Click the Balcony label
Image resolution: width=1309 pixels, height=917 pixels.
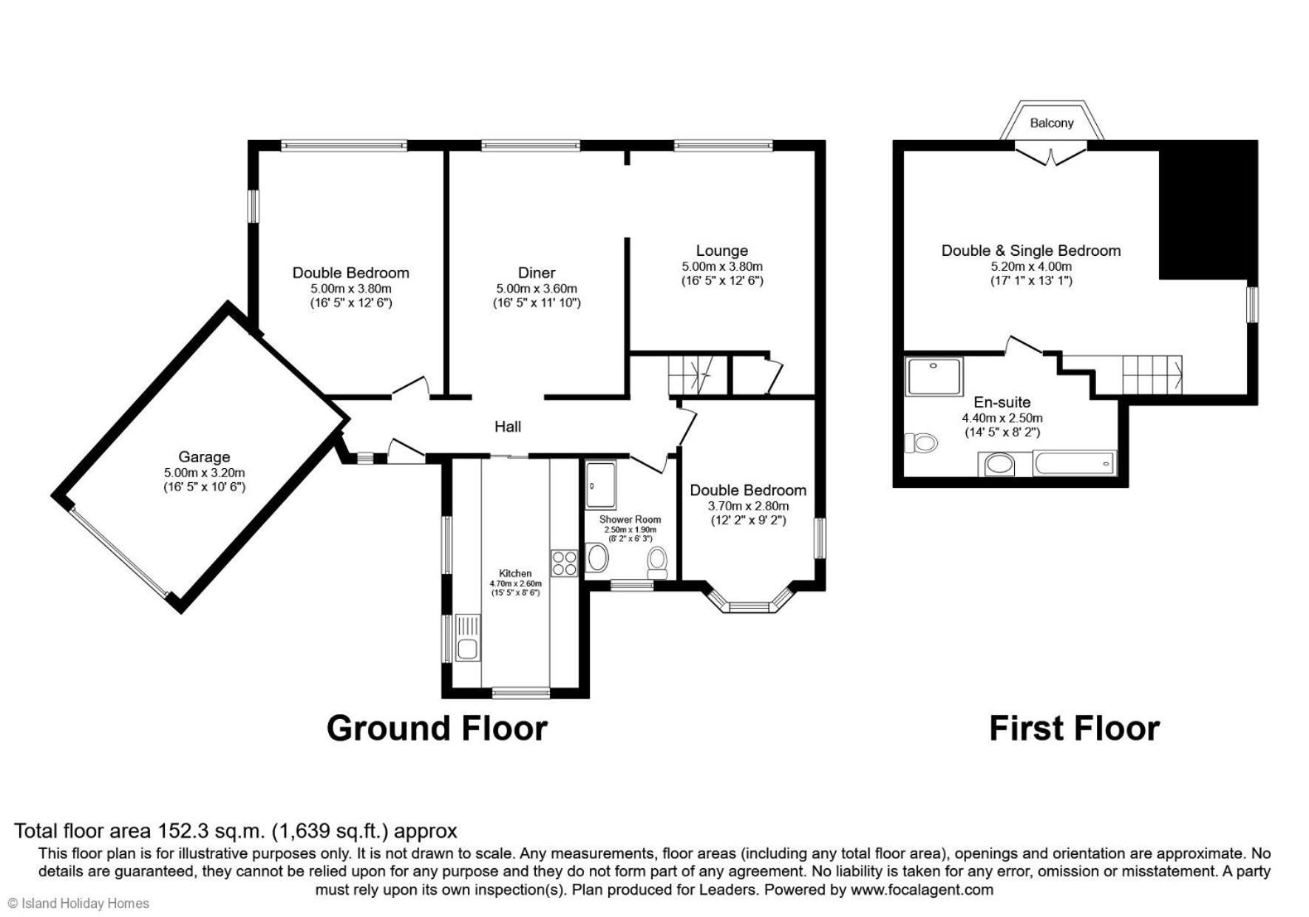point(1051,123)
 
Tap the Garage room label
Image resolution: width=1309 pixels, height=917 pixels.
point(204,457)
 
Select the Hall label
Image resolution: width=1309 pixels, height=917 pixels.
point(508,426)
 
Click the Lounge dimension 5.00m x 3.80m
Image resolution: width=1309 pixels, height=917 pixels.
point(722,266)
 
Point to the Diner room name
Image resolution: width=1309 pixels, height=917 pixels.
point(537,272)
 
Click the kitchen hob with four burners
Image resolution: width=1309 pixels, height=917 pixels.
point(564,563)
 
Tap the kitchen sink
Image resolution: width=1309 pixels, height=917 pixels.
point(467,637)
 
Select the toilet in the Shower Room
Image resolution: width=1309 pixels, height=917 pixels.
point(656,563)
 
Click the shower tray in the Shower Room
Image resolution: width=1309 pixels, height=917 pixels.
point(601,485)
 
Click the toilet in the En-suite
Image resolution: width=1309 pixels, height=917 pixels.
point(921,442)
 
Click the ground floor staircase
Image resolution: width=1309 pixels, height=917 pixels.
point(690,375)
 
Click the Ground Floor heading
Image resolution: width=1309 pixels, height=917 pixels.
point(437,728)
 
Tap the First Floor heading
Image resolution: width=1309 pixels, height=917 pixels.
point(1074,728)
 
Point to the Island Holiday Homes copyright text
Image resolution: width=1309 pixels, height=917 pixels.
point(78,903)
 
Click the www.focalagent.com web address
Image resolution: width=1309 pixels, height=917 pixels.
point(922,890)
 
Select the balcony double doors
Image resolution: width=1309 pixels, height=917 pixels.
point(1050,156)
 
